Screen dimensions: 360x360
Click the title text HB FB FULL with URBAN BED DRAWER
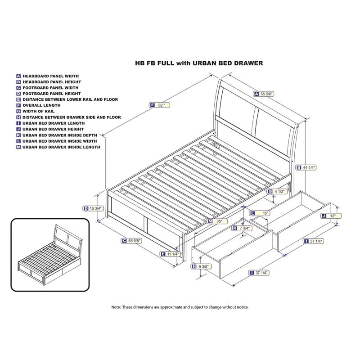click(x=199, y=63)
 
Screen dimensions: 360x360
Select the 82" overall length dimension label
click(x=161, y=105)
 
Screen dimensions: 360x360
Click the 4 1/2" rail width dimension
click(x=279, y=191)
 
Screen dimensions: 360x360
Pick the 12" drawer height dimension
click(x=330, y=216)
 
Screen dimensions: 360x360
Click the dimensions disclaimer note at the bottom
click(x=180, y=307)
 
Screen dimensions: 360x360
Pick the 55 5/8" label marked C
click(x=131, y=241)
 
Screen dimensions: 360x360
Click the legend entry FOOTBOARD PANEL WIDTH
click(x=51, y=88)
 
